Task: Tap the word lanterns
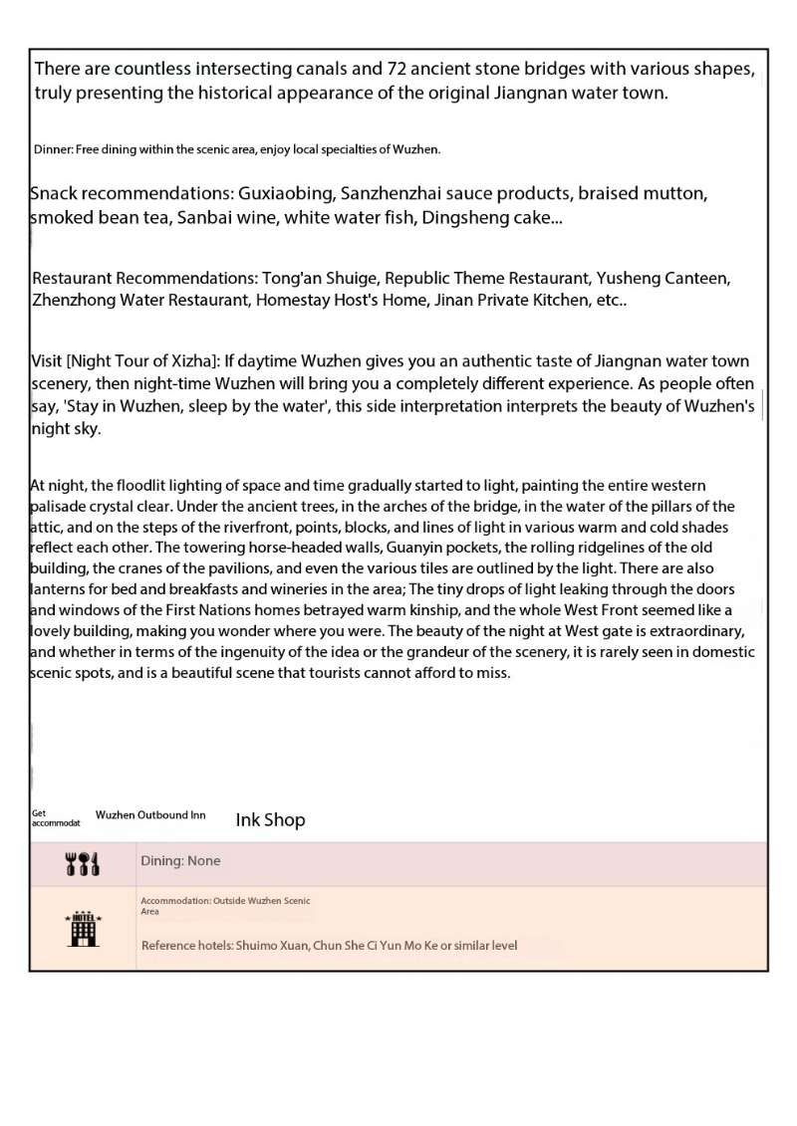click(x=62, y=589)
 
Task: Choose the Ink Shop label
click(x=270, y=820)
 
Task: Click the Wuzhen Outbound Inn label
click(x=150, y=815)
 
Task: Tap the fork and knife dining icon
click(x=82, y=864)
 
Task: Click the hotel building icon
click(x=82, y=928)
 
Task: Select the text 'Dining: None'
click(x=180, y=861)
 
